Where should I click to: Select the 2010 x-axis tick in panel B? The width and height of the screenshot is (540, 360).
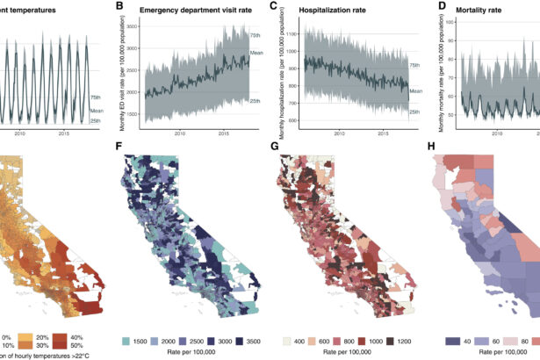point(179,133)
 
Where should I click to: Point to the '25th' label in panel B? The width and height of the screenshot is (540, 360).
point(255,102)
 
